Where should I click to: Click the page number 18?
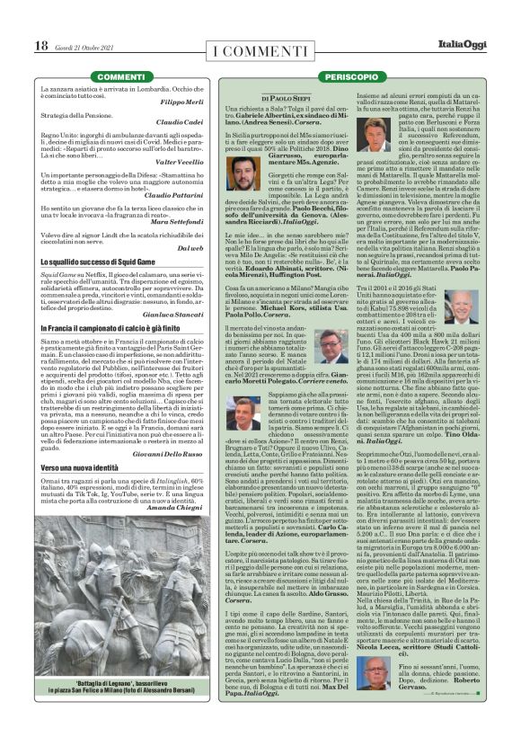(41, 45)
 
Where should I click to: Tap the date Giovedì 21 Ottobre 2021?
(84, 46)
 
